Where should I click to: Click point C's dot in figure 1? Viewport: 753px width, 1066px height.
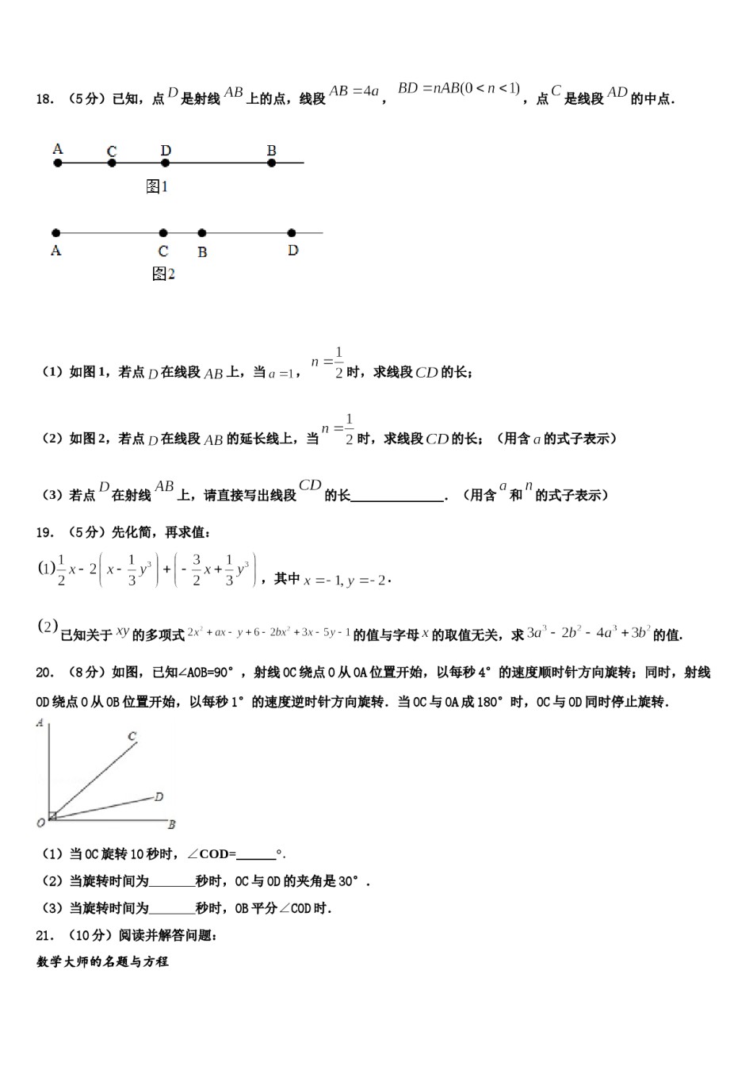point(112,163)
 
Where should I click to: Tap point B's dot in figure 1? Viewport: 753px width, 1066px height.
point(272,163)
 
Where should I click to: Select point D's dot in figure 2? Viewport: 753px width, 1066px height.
point(292,233)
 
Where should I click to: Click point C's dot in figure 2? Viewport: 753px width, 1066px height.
point(163,233)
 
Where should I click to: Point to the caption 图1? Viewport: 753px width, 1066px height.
point(157,186)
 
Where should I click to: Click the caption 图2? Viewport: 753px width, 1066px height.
point(162,274)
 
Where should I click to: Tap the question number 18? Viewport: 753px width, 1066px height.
point(44,99)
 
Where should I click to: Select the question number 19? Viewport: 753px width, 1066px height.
point(44,532)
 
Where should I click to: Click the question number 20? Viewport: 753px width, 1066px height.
point(44,673)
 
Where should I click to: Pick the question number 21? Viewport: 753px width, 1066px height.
point(44,935)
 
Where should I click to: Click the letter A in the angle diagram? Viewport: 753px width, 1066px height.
point(40,723)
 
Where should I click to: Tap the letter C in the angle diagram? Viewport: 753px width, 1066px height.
point(132,737)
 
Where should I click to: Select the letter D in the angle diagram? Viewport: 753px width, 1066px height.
point(159,796)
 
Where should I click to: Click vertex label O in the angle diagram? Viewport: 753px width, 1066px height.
point(40,823)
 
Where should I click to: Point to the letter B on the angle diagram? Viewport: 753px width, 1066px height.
point(171,825)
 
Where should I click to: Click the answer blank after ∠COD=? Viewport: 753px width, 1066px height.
point(255,854)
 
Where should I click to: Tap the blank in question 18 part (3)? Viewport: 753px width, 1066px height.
point(396,496)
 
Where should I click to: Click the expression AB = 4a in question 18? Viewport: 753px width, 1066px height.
point(354,91)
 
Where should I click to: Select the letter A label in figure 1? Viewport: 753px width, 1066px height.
point(57,148)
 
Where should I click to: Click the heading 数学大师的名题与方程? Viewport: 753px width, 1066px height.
point(102,961)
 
